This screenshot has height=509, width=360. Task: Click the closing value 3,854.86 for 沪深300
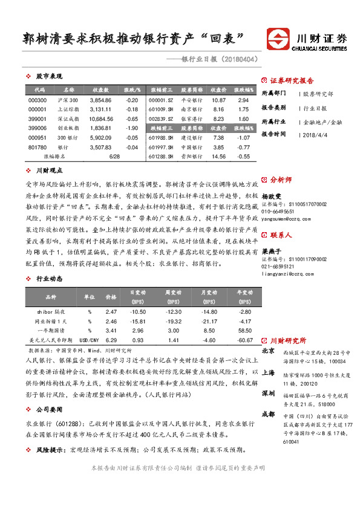100,100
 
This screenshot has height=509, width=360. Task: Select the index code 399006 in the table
37,128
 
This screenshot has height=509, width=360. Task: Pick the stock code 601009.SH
160,109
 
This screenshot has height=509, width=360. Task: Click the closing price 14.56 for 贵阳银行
219,156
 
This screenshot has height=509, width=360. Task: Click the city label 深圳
268,394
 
